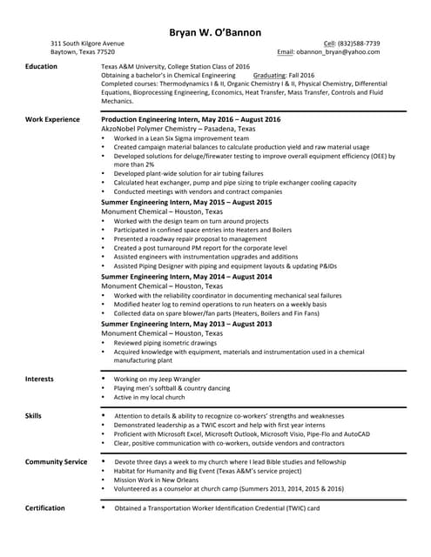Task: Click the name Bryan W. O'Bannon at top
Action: click(x=215, y=32)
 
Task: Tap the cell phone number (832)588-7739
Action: click(x=360, y=43)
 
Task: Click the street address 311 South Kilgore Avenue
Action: click(x=87, y=43)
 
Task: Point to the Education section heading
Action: click(x=42, y=66)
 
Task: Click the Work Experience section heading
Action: click(x=52, y=119)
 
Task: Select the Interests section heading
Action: click(x=39, y=379)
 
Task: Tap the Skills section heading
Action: click(x=33, y=416)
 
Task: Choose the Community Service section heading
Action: click(x=56, y=461)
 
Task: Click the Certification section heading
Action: click(x=44, y=507)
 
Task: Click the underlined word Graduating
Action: click(x=271, y=76)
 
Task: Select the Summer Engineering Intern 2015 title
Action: click(x=186, y=202)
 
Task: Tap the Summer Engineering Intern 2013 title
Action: click(x=186, y=324)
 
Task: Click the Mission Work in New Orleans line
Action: click(x=156, y=480)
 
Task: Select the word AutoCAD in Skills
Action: click(x=356, y=433)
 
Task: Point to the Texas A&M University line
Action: click(x=175, y=66)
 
